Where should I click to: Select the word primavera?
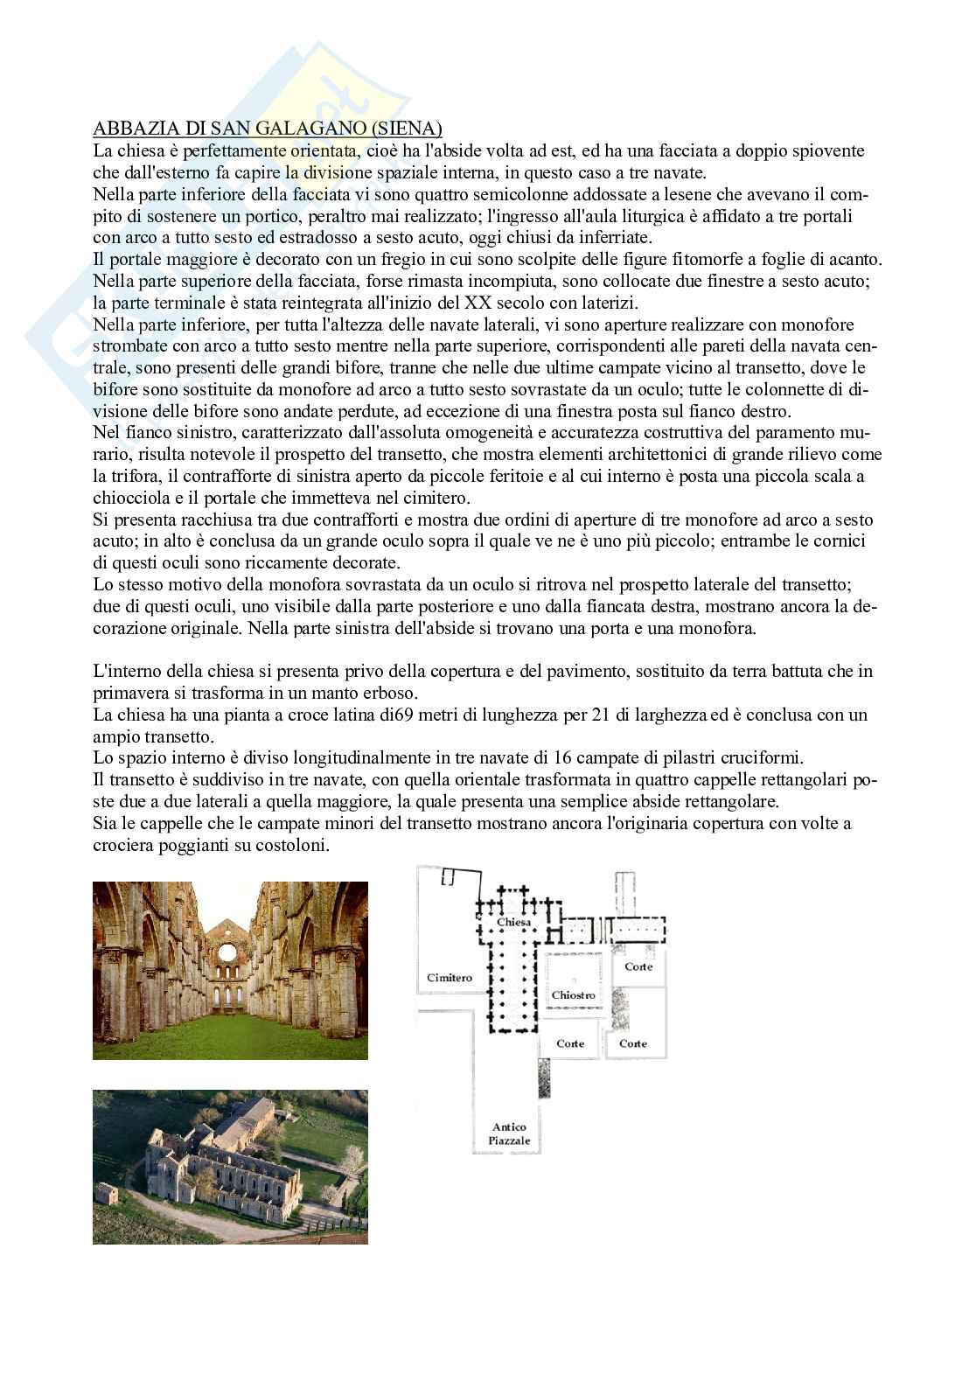coord(130,693)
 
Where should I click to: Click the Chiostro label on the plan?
coord(573,995)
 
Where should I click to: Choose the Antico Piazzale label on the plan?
coord(511,1134)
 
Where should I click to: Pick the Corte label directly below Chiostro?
coord(570,1043)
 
